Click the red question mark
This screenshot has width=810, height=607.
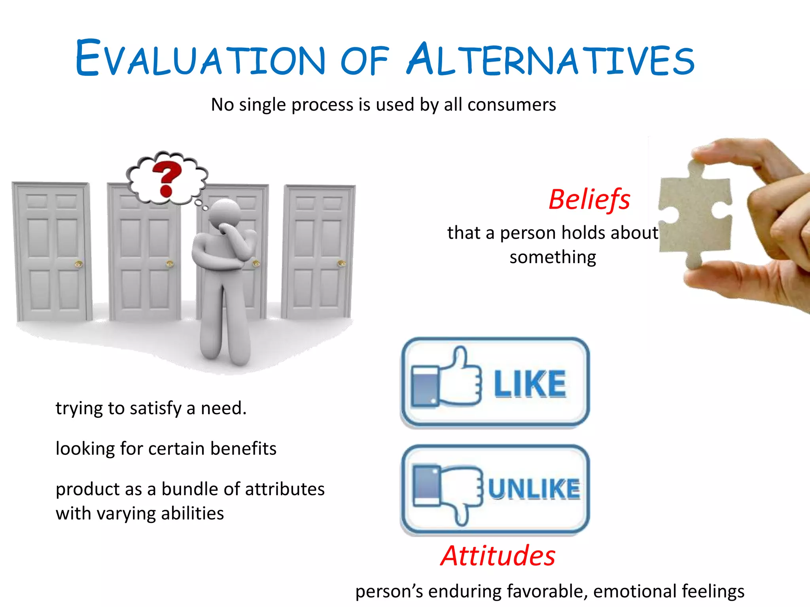167,180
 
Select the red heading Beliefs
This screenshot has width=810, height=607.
589,200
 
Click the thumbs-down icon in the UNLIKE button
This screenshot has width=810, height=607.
447,490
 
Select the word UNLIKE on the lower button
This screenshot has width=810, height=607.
534,489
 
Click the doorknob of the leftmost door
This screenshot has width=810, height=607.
78,264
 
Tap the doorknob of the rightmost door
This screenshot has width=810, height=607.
341,263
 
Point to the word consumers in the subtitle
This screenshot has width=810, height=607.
512,105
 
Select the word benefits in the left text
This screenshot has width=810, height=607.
243,449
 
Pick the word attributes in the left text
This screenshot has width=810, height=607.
283,489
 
